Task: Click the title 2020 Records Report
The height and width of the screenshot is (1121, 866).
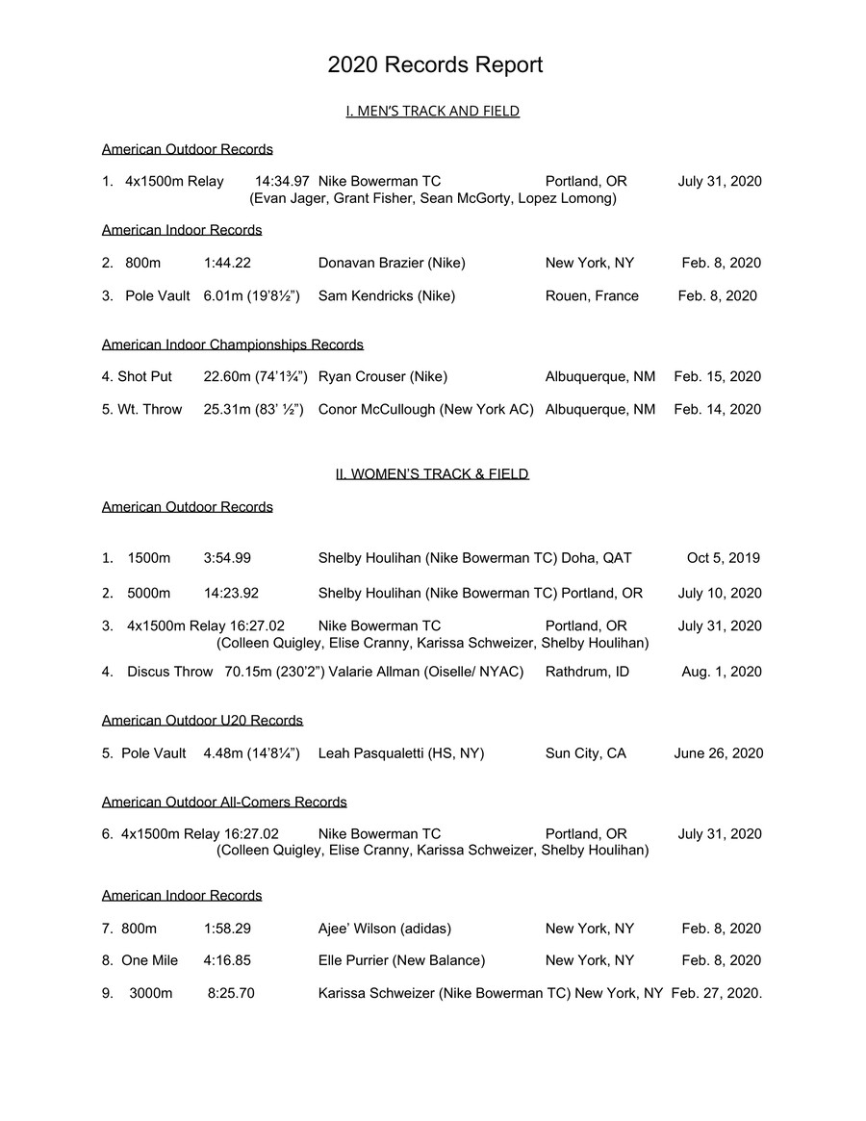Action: click(435, 64)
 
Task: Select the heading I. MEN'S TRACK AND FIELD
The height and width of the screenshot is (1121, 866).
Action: click(432, 112)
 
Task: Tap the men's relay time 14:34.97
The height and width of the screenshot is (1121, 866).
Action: click(282, 181)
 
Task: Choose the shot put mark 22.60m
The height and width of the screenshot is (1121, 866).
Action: click(227, 376)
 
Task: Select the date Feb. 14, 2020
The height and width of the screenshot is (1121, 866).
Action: click(717, 409)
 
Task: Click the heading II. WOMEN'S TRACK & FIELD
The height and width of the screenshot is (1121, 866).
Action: click(432, 474)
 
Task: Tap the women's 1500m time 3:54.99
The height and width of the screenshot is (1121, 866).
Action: click(227, 558)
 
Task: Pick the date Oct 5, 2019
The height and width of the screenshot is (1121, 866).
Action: click(723, 558)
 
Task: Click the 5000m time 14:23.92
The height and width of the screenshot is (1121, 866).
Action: click(231, 593)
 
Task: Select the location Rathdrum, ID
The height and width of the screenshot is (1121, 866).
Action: click(587, 672)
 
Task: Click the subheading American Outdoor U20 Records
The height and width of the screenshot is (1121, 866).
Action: click(202, 721)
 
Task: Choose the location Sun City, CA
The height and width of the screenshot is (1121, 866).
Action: click(585, 753)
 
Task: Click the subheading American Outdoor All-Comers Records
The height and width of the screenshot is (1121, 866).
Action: click(224, 803)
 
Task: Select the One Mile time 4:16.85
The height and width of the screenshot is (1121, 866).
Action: click(227, 960)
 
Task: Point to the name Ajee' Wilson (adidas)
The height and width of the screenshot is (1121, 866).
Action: click(384, 929)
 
